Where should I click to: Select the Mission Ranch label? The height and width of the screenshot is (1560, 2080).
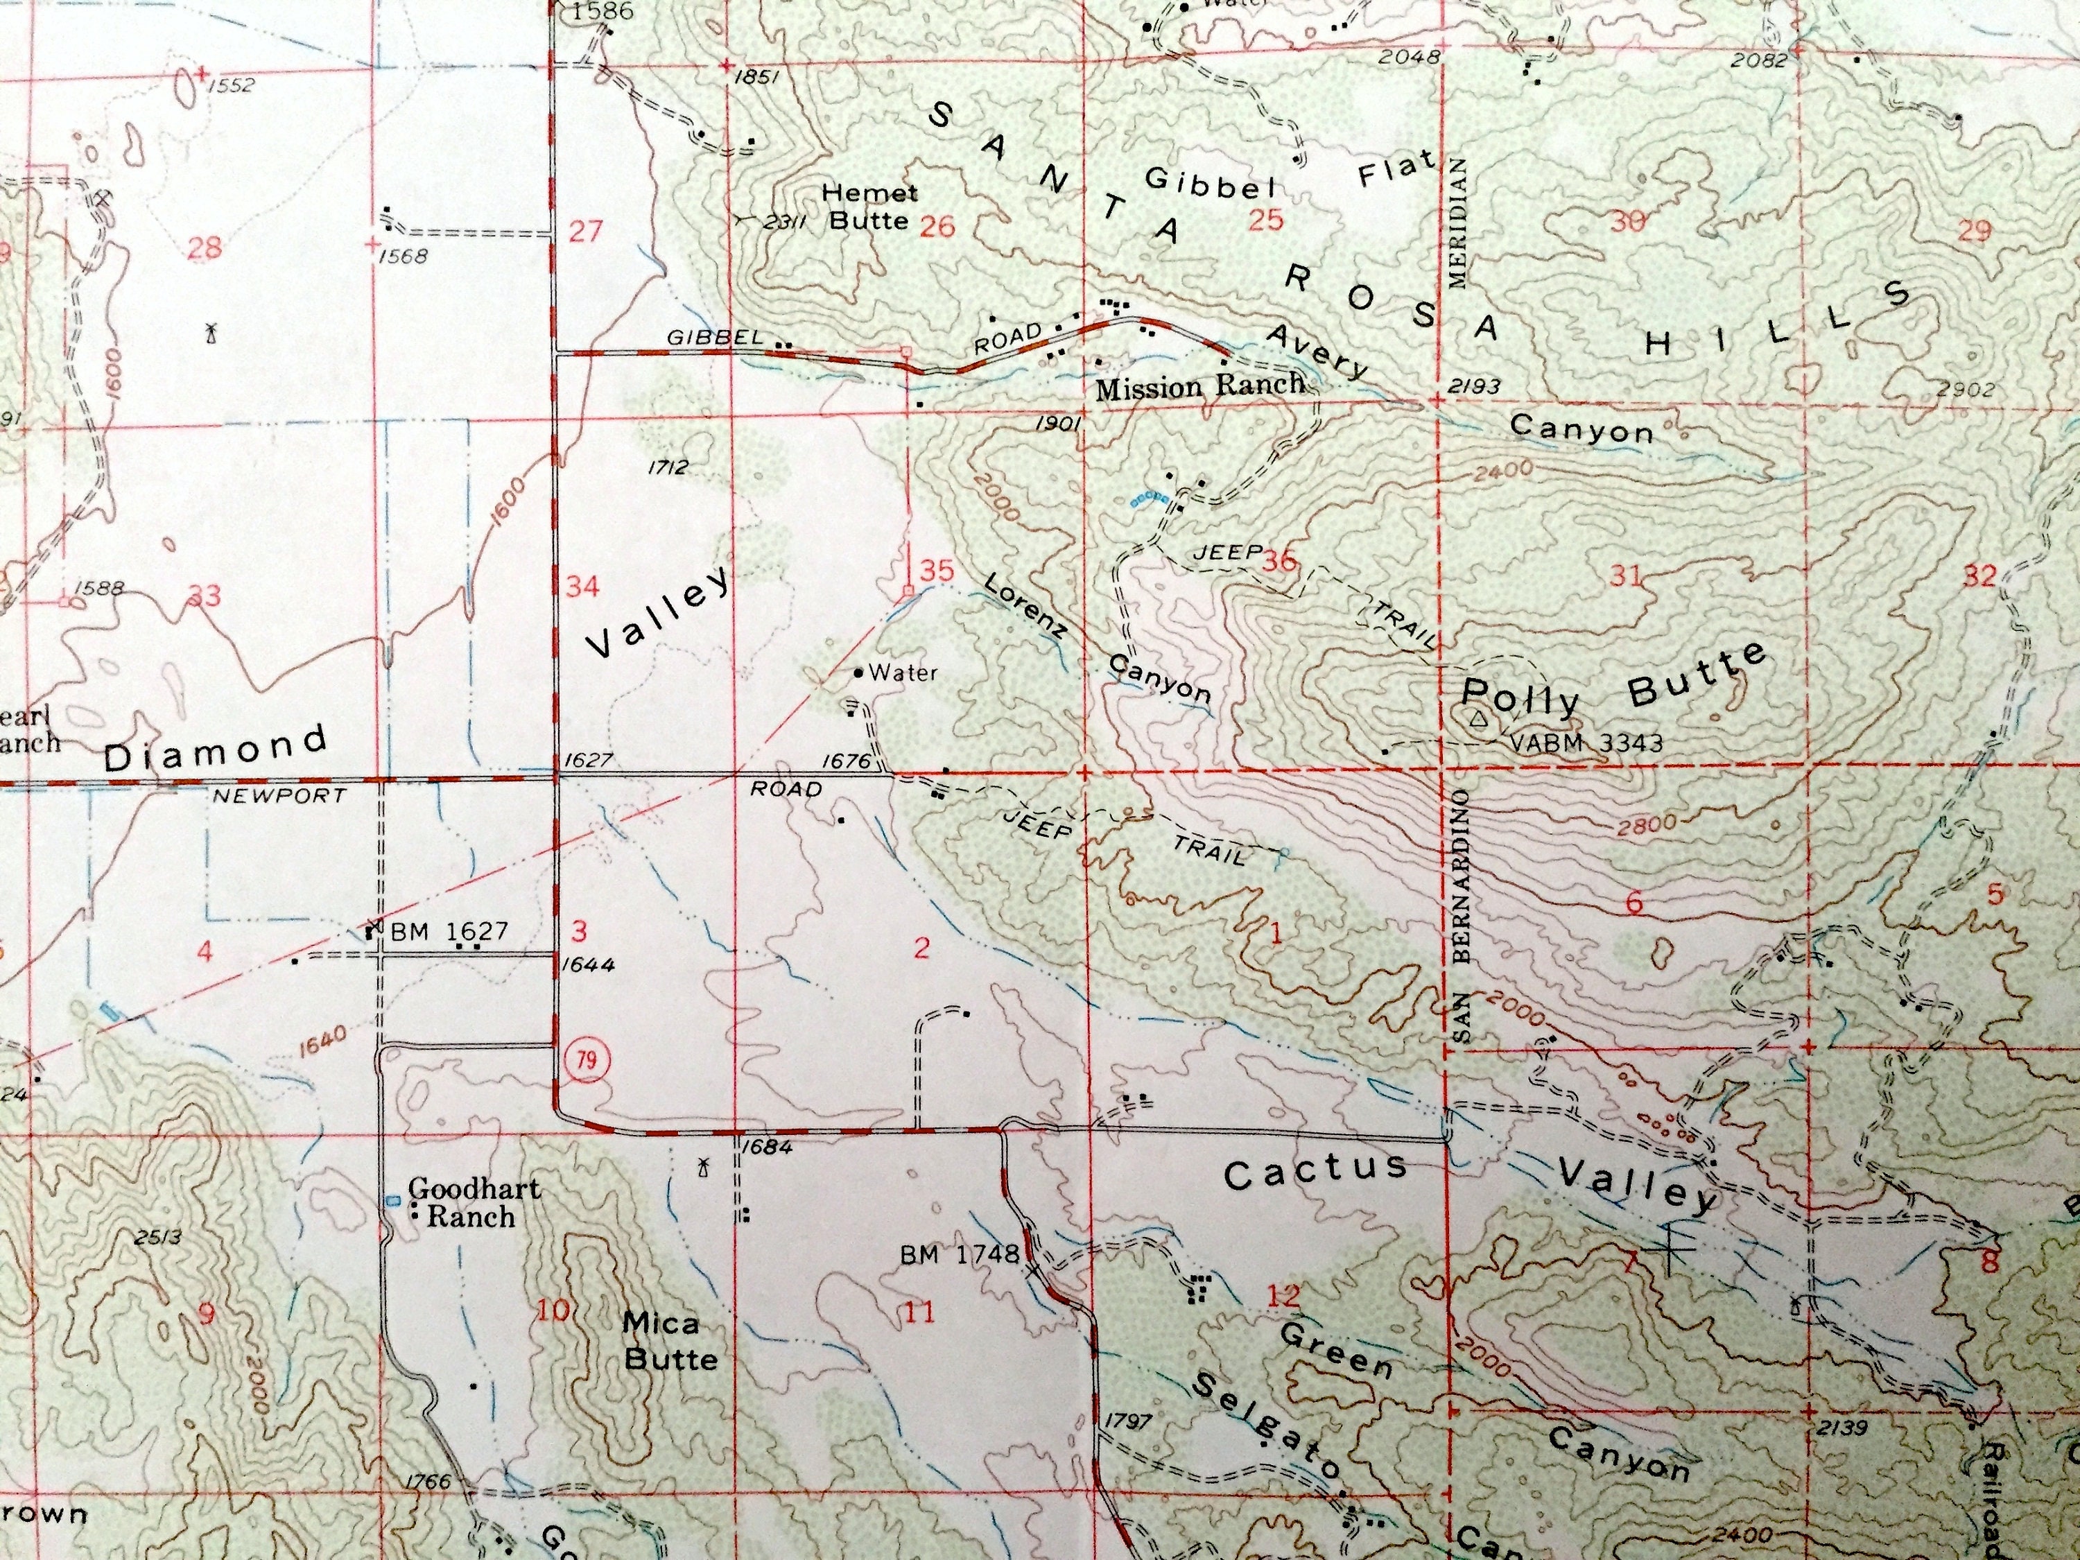coord(1200,385)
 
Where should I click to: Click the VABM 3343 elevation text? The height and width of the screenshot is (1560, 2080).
coord(1586,743)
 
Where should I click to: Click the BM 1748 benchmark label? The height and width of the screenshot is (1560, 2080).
coord(959,1254)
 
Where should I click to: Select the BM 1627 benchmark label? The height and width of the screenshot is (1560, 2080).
coord(449,932)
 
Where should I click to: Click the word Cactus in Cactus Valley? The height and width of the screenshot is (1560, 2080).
coord(1315,1171)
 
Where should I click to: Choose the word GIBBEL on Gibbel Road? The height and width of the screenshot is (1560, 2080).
coord(713,337)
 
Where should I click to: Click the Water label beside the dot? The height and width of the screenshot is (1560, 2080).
coord(903,673)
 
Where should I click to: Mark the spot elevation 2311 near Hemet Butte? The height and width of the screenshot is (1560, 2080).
coord(782,223)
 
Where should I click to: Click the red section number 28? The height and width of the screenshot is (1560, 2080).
coord(205,248)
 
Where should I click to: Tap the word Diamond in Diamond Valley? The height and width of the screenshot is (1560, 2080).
coord(216,747)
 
